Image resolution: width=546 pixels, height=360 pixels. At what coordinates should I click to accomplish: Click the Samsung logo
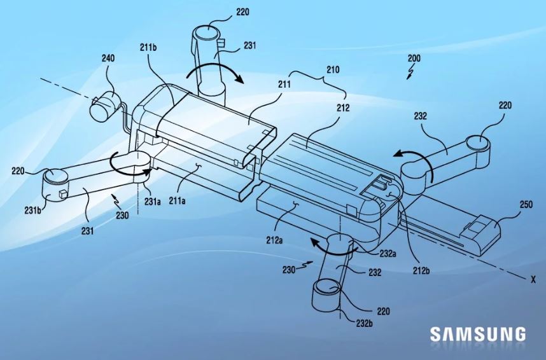(477, 334)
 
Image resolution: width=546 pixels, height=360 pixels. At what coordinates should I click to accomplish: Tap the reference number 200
(414, 58)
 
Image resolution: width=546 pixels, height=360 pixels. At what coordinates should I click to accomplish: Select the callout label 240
(108, 58)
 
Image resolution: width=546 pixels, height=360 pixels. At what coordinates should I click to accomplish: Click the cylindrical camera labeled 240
(104, 104)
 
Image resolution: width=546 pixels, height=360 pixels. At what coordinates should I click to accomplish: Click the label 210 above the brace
(333, 69)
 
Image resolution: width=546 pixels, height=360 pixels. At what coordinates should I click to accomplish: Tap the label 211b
(148, 47)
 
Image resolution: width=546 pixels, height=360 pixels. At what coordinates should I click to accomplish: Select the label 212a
(274, 240)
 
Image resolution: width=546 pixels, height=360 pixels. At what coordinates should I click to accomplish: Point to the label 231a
(152, 201)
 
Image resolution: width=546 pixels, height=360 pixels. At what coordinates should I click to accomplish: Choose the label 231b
(33, 210)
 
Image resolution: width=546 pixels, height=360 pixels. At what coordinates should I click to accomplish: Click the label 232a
(388, 254)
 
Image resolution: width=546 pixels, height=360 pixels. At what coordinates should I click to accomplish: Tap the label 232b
(365, 324)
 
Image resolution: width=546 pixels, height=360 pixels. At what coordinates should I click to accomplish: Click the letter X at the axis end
(533, 279)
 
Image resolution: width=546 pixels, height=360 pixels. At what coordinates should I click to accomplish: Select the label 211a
(178, 200)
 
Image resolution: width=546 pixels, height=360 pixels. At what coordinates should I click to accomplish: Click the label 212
(343, 108)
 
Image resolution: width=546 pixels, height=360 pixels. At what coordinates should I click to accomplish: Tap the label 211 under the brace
(284, 84)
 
